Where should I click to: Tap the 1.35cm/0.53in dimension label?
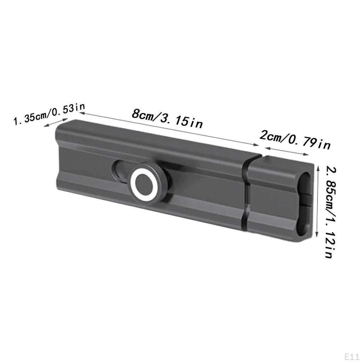[x=49, y=114]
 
